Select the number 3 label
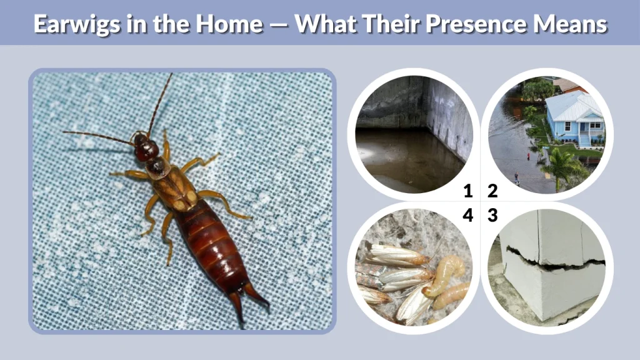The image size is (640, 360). (492, 216)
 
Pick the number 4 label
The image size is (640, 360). (467, 216)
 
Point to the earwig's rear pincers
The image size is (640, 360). (247, 299)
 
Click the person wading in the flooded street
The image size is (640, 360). (516, 179)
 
